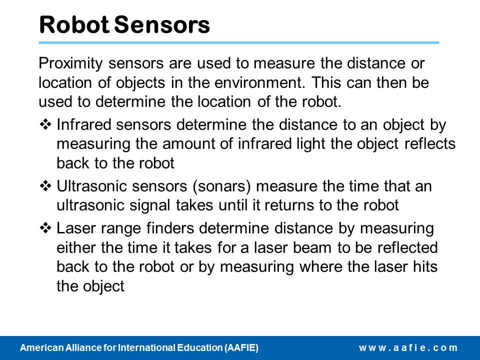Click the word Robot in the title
(74, 24)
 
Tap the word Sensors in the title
(162, 24)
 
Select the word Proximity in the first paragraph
(70, 63)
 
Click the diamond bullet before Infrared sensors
(45, 124)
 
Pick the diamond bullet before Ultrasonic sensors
(45, 186)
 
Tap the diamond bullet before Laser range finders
(45, 228)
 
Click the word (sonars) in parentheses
(221, 186)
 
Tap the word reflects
(430, 143)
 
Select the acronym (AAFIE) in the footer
(241, 348)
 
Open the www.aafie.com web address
(408, 348)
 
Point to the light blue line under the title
(239, 43)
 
